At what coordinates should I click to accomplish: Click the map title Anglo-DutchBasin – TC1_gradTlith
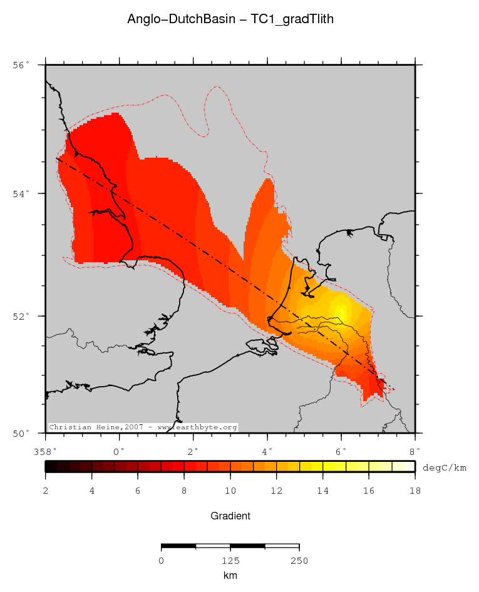(x=230, y=19)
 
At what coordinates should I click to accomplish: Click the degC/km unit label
(x=445, y=467)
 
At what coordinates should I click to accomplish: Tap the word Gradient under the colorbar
(x=230, y=516)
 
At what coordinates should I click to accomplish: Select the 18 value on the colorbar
(x=415, y=491)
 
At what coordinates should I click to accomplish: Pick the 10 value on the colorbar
(x=230, y=491)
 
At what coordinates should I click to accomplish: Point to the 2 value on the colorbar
(x=46, y=491)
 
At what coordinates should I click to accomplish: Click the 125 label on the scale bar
(x=230, y=560)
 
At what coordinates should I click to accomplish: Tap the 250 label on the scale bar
(x=299, y=560)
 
